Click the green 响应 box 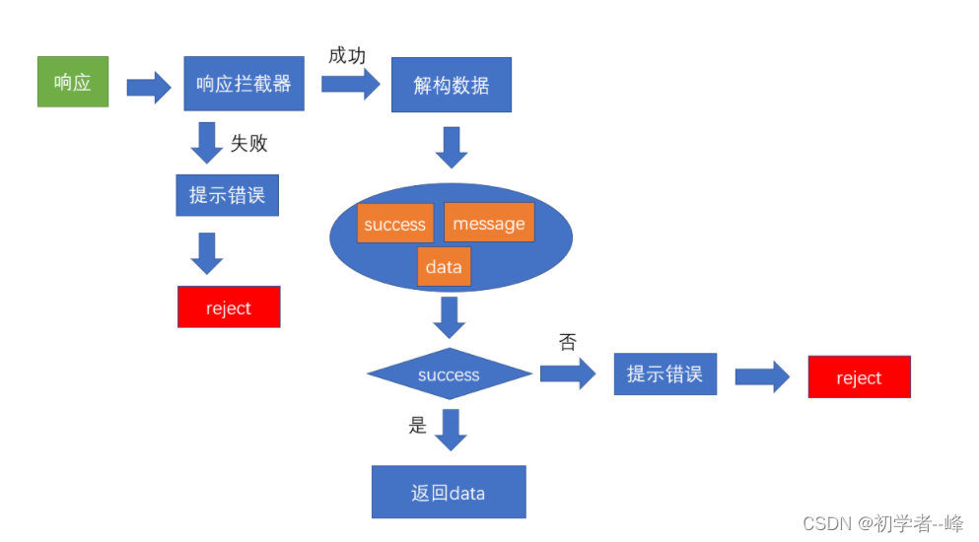(72, 82)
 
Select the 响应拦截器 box (244, 84)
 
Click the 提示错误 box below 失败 (228, 194)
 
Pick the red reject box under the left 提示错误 (229, 307)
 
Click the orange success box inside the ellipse (394, 224)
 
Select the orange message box (489, 223)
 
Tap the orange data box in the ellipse (444, 267)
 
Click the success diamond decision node (449, 374)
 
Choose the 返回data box (449, 492)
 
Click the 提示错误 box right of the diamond (664, 374)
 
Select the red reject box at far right (859, 377)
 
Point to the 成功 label (347, 55)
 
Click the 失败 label (249, 143)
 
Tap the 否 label (567, 342)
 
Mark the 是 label (418, 426)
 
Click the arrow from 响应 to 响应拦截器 (149, 86)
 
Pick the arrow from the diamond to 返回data (451, 430)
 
